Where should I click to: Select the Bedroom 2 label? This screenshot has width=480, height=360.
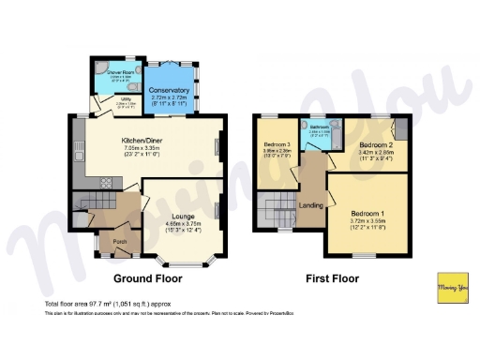377,145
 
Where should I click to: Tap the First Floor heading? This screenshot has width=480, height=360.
335,279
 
